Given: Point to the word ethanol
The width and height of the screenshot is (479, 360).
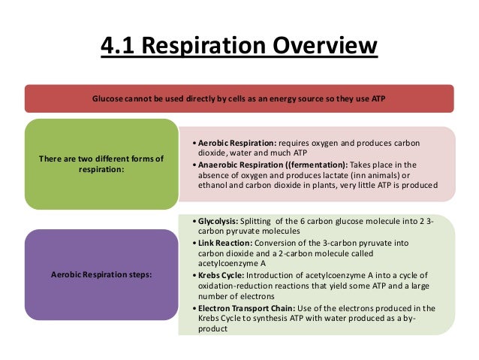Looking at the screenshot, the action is point(212,186).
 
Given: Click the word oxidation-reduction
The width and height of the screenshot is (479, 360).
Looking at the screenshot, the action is point(228,287).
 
